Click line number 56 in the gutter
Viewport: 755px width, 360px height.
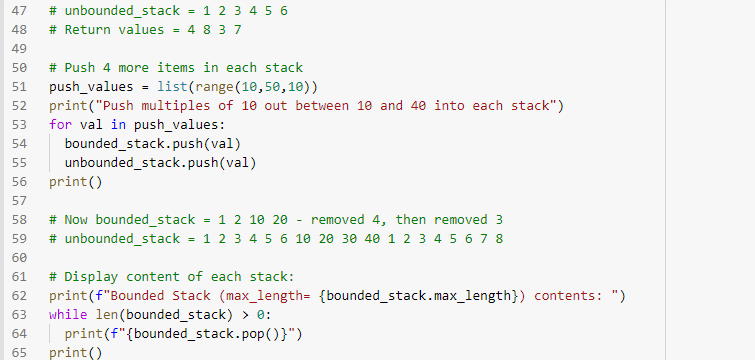pyautogui.click(x=17, y=183)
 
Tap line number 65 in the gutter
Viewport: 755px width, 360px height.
pyautogui.click(x=17, y=353)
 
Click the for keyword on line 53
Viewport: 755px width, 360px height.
pyautogui.click(x=60, y=125)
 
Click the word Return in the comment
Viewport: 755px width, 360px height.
pyautogui.click(x=87, y=29)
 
